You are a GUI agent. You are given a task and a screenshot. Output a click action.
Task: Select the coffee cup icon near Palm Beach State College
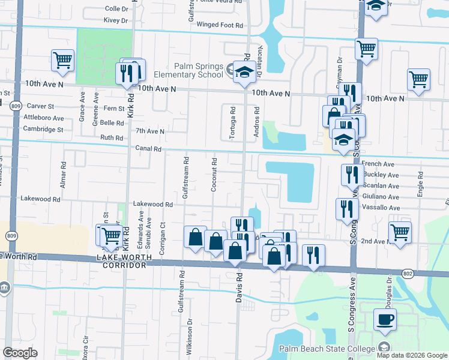click(x=385, y=320)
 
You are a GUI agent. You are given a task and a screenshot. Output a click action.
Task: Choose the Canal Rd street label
click(x=148, y=149)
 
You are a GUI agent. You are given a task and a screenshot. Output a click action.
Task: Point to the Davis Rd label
click(x=239, y=289)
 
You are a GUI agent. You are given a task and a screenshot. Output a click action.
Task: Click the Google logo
click(x=20, y=353)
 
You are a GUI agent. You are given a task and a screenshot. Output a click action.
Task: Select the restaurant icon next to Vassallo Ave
click(x=347, y=210)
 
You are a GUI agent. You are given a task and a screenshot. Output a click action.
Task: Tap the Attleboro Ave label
click(x=43, y=118)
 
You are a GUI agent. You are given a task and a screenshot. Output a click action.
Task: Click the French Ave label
click(x=378, y=164)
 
